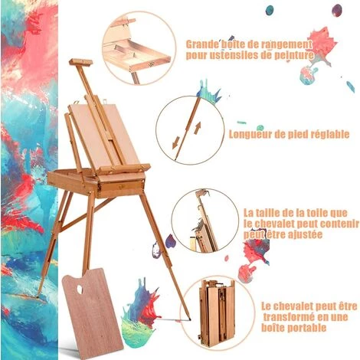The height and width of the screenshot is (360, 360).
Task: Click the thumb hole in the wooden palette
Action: (80, 289)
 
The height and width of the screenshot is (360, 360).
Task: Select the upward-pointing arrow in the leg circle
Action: (197, 128)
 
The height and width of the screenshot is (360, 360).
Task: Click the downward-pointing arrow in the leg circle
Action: (176, 142)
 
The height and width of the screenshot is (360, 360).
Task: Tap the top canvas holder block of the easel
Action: (80, 62)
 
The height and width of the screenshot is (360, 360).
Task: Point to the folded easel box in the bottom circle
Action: (217, 313)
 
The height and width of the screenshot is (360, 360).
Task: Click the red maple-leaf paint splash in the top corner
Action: (322, 44)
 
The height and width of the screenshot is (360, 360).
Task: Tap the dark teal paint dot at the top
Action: (269, 10)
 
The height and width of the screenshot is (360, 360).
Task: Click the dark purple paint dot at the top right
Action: (337, 11)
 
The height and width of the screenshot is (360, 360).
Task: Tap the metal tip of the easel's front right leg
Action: (189, 319)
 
